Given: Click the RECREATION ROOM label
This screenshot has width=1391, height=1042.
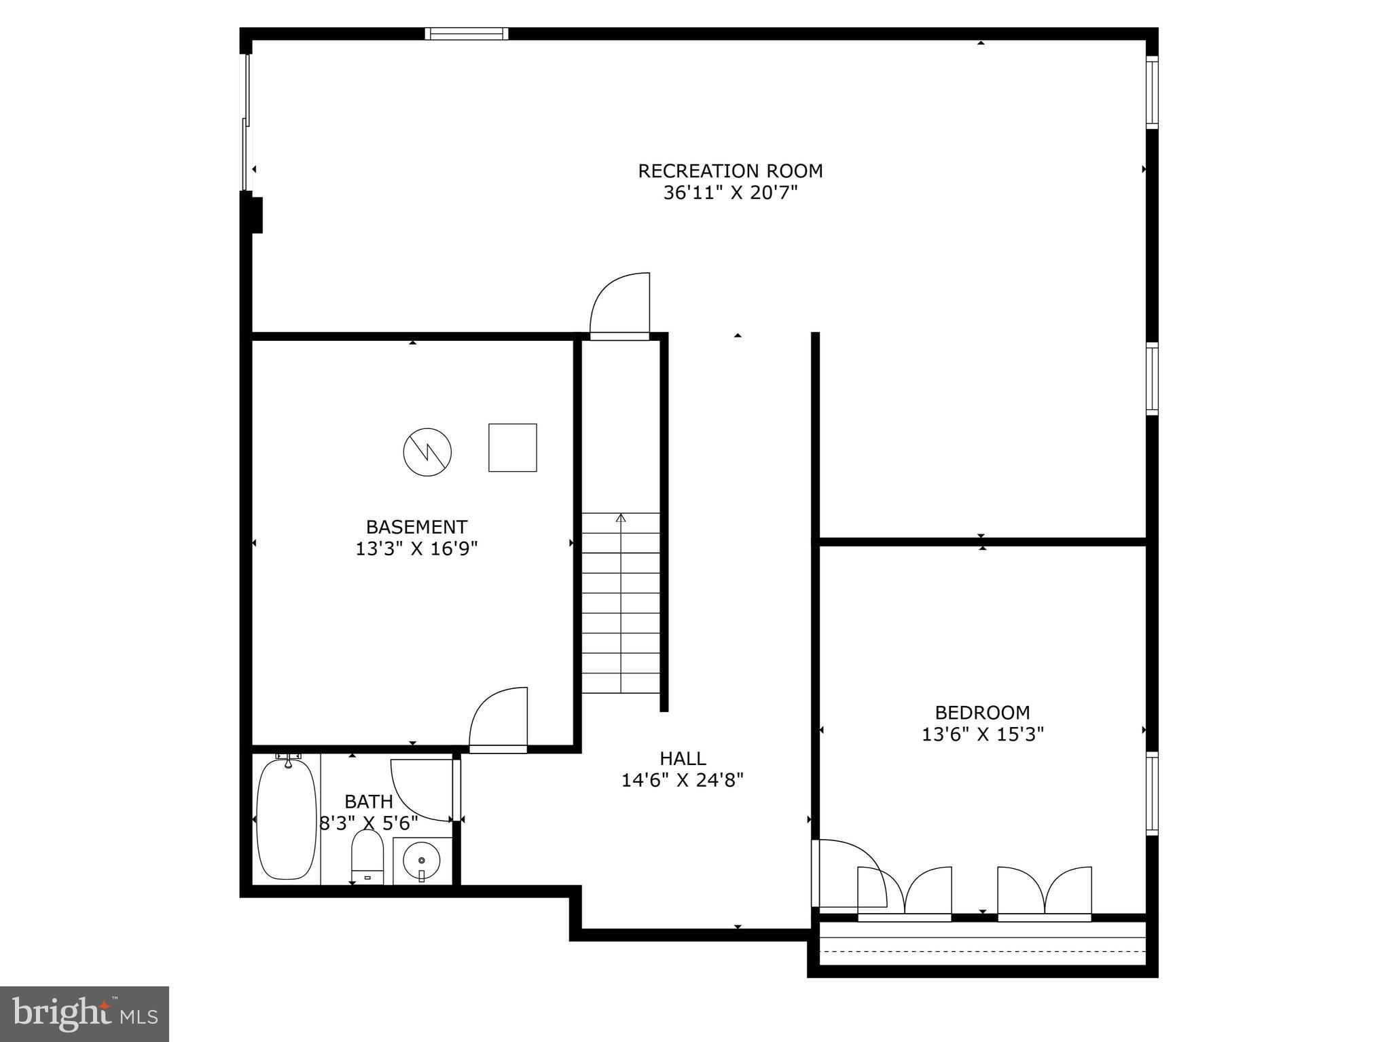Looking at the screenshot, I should click(730, 171).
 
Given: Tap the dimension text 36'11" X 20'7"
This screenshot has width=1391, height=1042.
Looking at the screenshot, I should click(730, 193).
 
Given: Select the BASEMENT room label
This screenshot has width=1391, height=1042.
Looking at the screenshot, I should click(416, 527).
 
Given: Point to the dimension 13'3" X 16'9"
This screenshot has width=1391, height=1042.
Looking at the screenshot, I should click(416, 548).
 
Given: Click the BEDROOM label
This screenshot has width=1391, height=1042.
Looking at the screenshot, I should click(982, 713).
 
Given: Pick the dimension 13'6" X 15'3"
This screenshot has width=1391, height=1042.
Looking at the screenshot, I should click(982, 734).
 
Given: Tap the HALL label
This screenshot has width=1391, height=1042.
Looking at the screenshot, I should click(683, 758).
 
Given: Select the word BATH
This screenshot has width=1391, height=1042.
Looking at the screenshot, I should click(369, 802).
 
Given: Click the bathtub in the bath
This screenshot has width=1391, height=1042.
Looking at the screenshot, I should click(287, 819).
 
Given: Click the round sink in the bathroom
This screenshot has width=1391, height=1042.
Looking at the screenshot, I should click(421, 861).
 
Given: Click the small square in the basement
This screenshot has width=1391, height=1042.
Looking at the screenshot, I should click(513, 447).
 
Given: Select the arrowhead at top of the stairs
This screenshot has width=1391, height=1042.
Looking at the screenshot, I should click(620, 519).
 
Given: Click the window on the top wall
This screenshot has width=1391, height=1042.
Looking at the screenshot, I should click(467, 33).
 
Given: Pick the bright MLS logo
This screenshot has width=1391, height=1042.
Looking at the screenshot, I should click(84, 1013).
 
